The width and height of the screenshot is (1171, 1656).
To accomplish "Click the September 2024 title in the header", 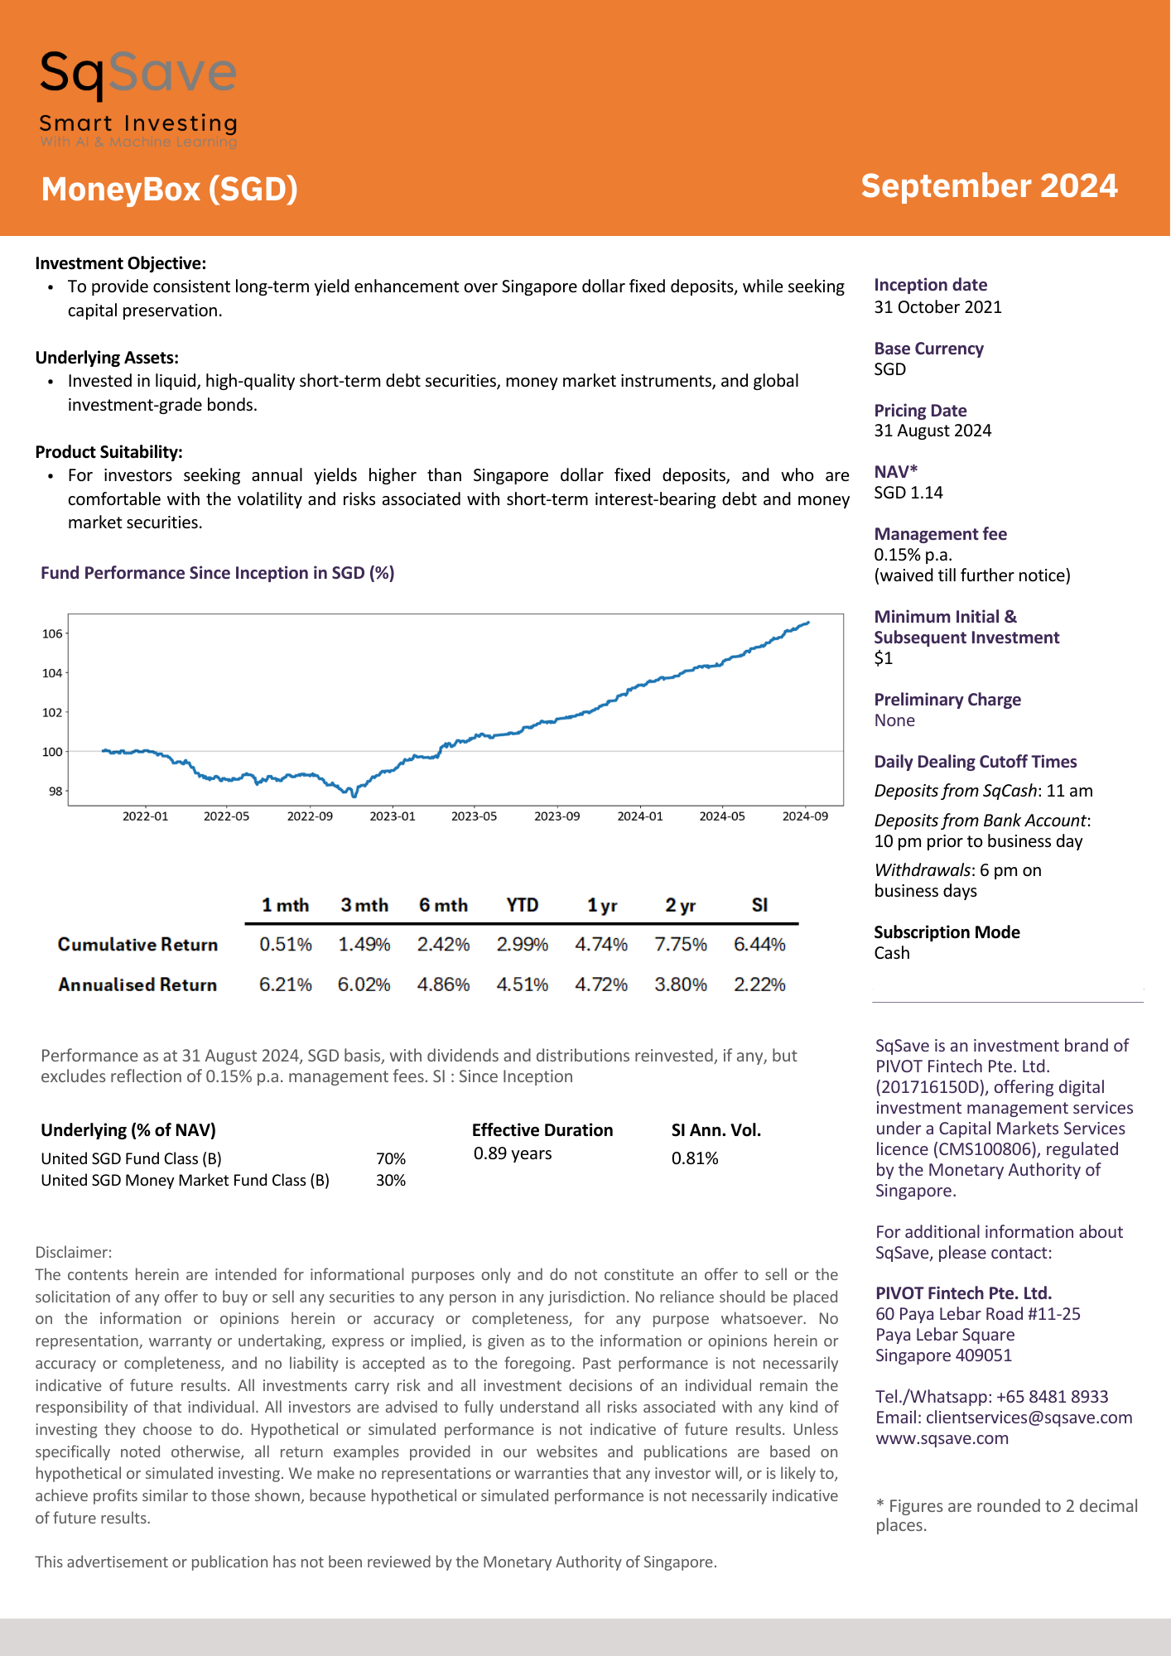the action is [989, 186].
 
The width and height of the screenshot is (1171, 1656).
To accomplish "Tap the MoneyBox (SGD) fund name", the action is [169, 190].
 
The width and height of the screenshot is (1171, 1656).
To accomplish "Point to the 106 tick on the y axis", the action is [52, 633].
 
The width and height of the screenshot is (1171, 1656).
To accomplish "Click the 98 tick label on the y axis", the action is [55, 791].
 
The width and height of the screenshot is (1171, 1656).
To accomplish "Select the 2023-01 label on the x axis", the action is [393, 816].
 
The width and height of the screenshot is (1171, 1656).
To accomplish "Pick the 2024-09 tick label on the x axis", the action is [805, 816].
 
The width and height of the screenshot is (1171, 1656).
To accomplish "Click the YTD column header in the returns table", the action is [523, 905].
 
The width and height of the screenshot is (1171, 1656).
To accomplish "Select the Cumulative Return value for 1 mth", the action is [286, 945].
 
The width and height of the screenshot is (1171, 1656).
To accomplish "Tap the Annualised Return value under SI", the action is [759, 984].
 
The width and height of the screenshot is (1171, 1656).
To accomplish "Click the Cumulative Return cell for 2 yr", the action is [681, 945].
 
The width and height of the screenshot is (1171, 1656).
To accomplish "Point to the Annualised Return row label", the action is [137, 984].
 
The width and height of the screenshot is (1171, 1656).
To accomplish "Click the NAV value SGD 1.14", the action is [908, 493].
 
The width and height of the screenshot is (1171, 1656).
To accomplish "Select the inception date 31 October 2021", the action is [938, 307].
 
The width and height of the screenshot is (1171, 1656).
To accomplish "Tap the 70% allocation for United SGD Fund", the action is [391, 1158].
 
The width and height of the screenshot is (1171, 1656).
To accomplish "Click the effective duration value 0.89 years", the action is [513, 1153].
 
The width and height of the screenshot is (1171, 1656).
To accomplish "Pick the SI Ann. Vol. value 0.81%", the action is [695, 1158].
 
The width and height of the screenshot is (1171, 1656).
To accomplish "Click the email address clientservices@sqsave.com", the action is [1029, 1418].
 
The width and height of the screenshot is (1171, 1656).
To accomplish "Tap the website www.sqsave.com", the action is [942, 1438].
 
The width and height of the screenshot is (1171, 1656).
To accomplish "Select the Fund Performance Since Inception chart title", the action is [218, 573].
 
